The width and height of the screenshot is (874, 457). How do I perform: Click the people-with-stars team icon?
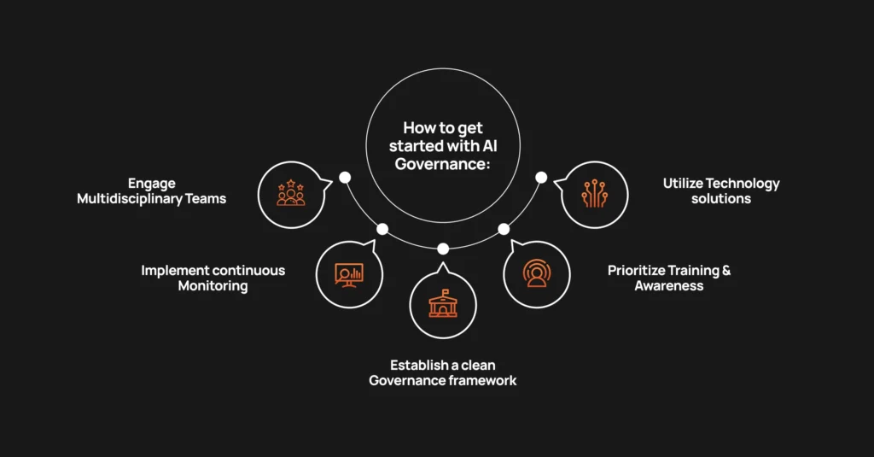(291, 193)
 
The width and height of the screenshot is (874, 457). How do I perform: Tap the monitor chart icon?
(349, 273)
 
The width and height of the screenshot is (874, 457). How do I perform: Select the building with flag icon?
(443, 303)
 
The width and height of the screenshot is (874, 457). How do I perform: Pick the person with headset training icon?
(537, 273)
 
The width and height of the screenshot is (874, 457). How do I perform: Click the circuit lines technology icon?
(595, 193)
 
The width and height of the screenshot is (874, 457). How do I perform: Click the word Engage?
(152, 183)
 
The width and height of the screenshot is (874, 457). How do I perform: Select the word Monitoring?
(213, 286)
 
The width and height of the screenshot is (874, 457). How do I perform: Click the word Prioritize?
(638, 270)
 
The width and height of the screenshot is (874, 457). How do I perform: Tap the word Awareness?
(668, 286)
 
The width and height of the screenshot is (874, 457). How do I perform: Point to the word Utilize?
(685, 183)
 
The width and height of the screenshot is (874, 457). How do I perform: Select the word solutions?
(721, 199)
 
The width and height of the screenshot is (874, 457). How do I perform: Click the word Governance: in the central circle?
(442, 163)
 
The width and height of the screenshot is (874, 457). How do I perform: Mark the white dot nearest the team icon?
(345, 178)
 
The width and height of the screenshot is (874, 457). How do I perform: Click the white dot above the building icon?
(443, 249)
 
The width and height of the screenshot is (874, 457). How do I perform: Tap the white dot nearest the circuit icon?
(540, 178)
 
